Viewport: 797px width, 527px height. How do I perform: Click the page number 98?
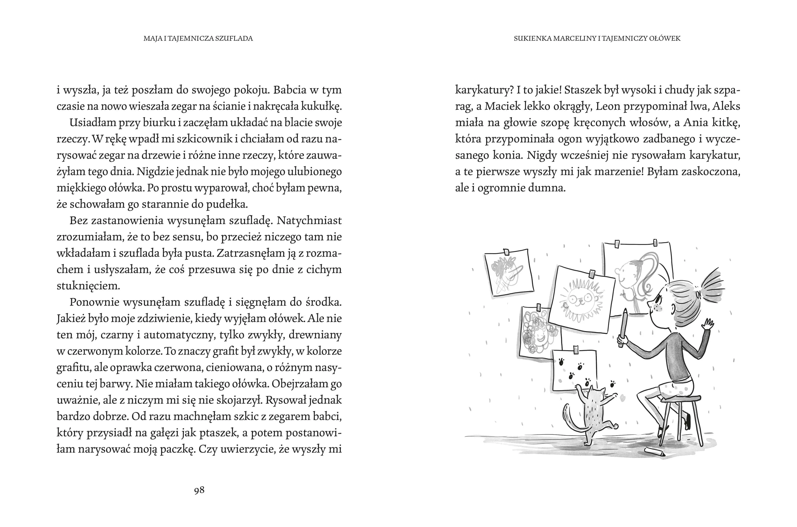pos(199,490)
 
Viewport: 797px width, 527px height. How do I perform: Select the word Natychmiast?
pos(309,221)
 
